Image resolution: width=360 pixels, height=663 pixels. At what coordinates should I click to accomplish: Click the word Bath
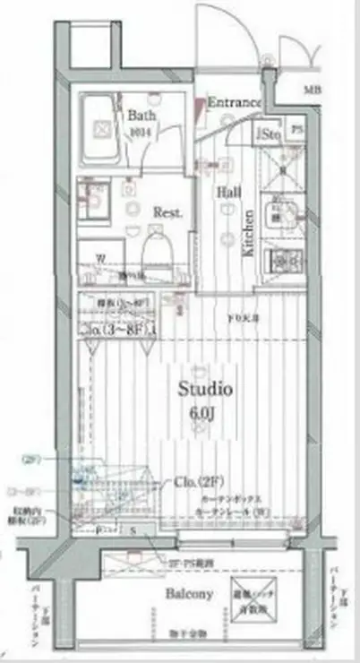tap(142, 116)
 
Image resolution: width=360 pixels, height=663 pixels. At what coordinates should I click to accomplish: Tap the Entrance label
tap(234, 103)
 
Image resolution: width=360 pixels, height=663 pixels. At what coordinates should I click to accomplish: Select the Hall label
tap(227, 193)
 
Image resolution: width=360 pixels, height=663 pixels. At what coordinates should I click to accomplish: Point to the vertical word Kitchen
tap(250, 233)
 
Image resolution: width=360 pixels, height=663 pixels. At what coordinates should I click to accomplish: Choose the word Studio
tap(204, 391)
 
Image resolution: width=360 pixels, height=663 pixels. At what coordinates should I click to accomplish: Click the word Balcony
tap(189, 594)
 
